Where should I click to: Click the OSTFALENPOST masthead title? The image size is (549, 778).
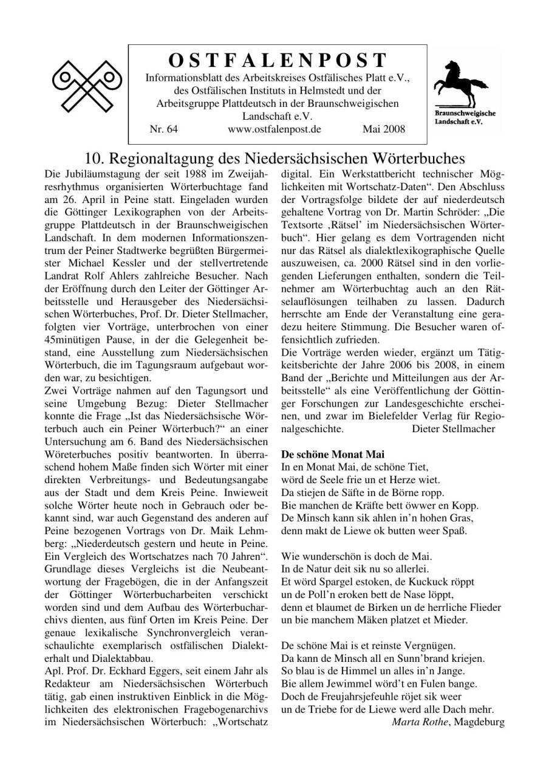(277, 60)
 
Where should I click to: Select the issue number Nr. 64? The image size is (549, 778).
(163, 129)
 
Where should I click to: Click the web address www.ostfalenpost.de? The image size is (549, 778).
(274, 129)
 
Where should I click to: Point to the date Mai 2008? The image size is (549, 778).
(383, 129)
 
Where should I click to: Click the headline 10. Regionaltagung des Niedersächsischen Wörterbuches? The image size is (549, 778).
(274, 159)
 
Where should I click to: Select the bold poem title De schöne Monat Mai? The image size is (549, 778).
(333, 454)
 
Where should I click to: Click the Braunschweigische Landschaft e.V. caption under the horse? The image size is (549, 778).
(465, 117)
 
